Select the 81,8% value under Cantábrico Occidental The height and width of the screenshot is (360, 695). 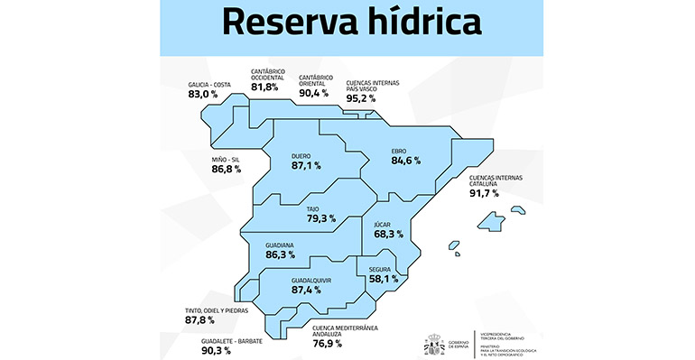click(x=266, y=88)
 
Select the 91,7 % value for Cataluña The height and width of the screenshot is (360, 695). click(x=485, y=193)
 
